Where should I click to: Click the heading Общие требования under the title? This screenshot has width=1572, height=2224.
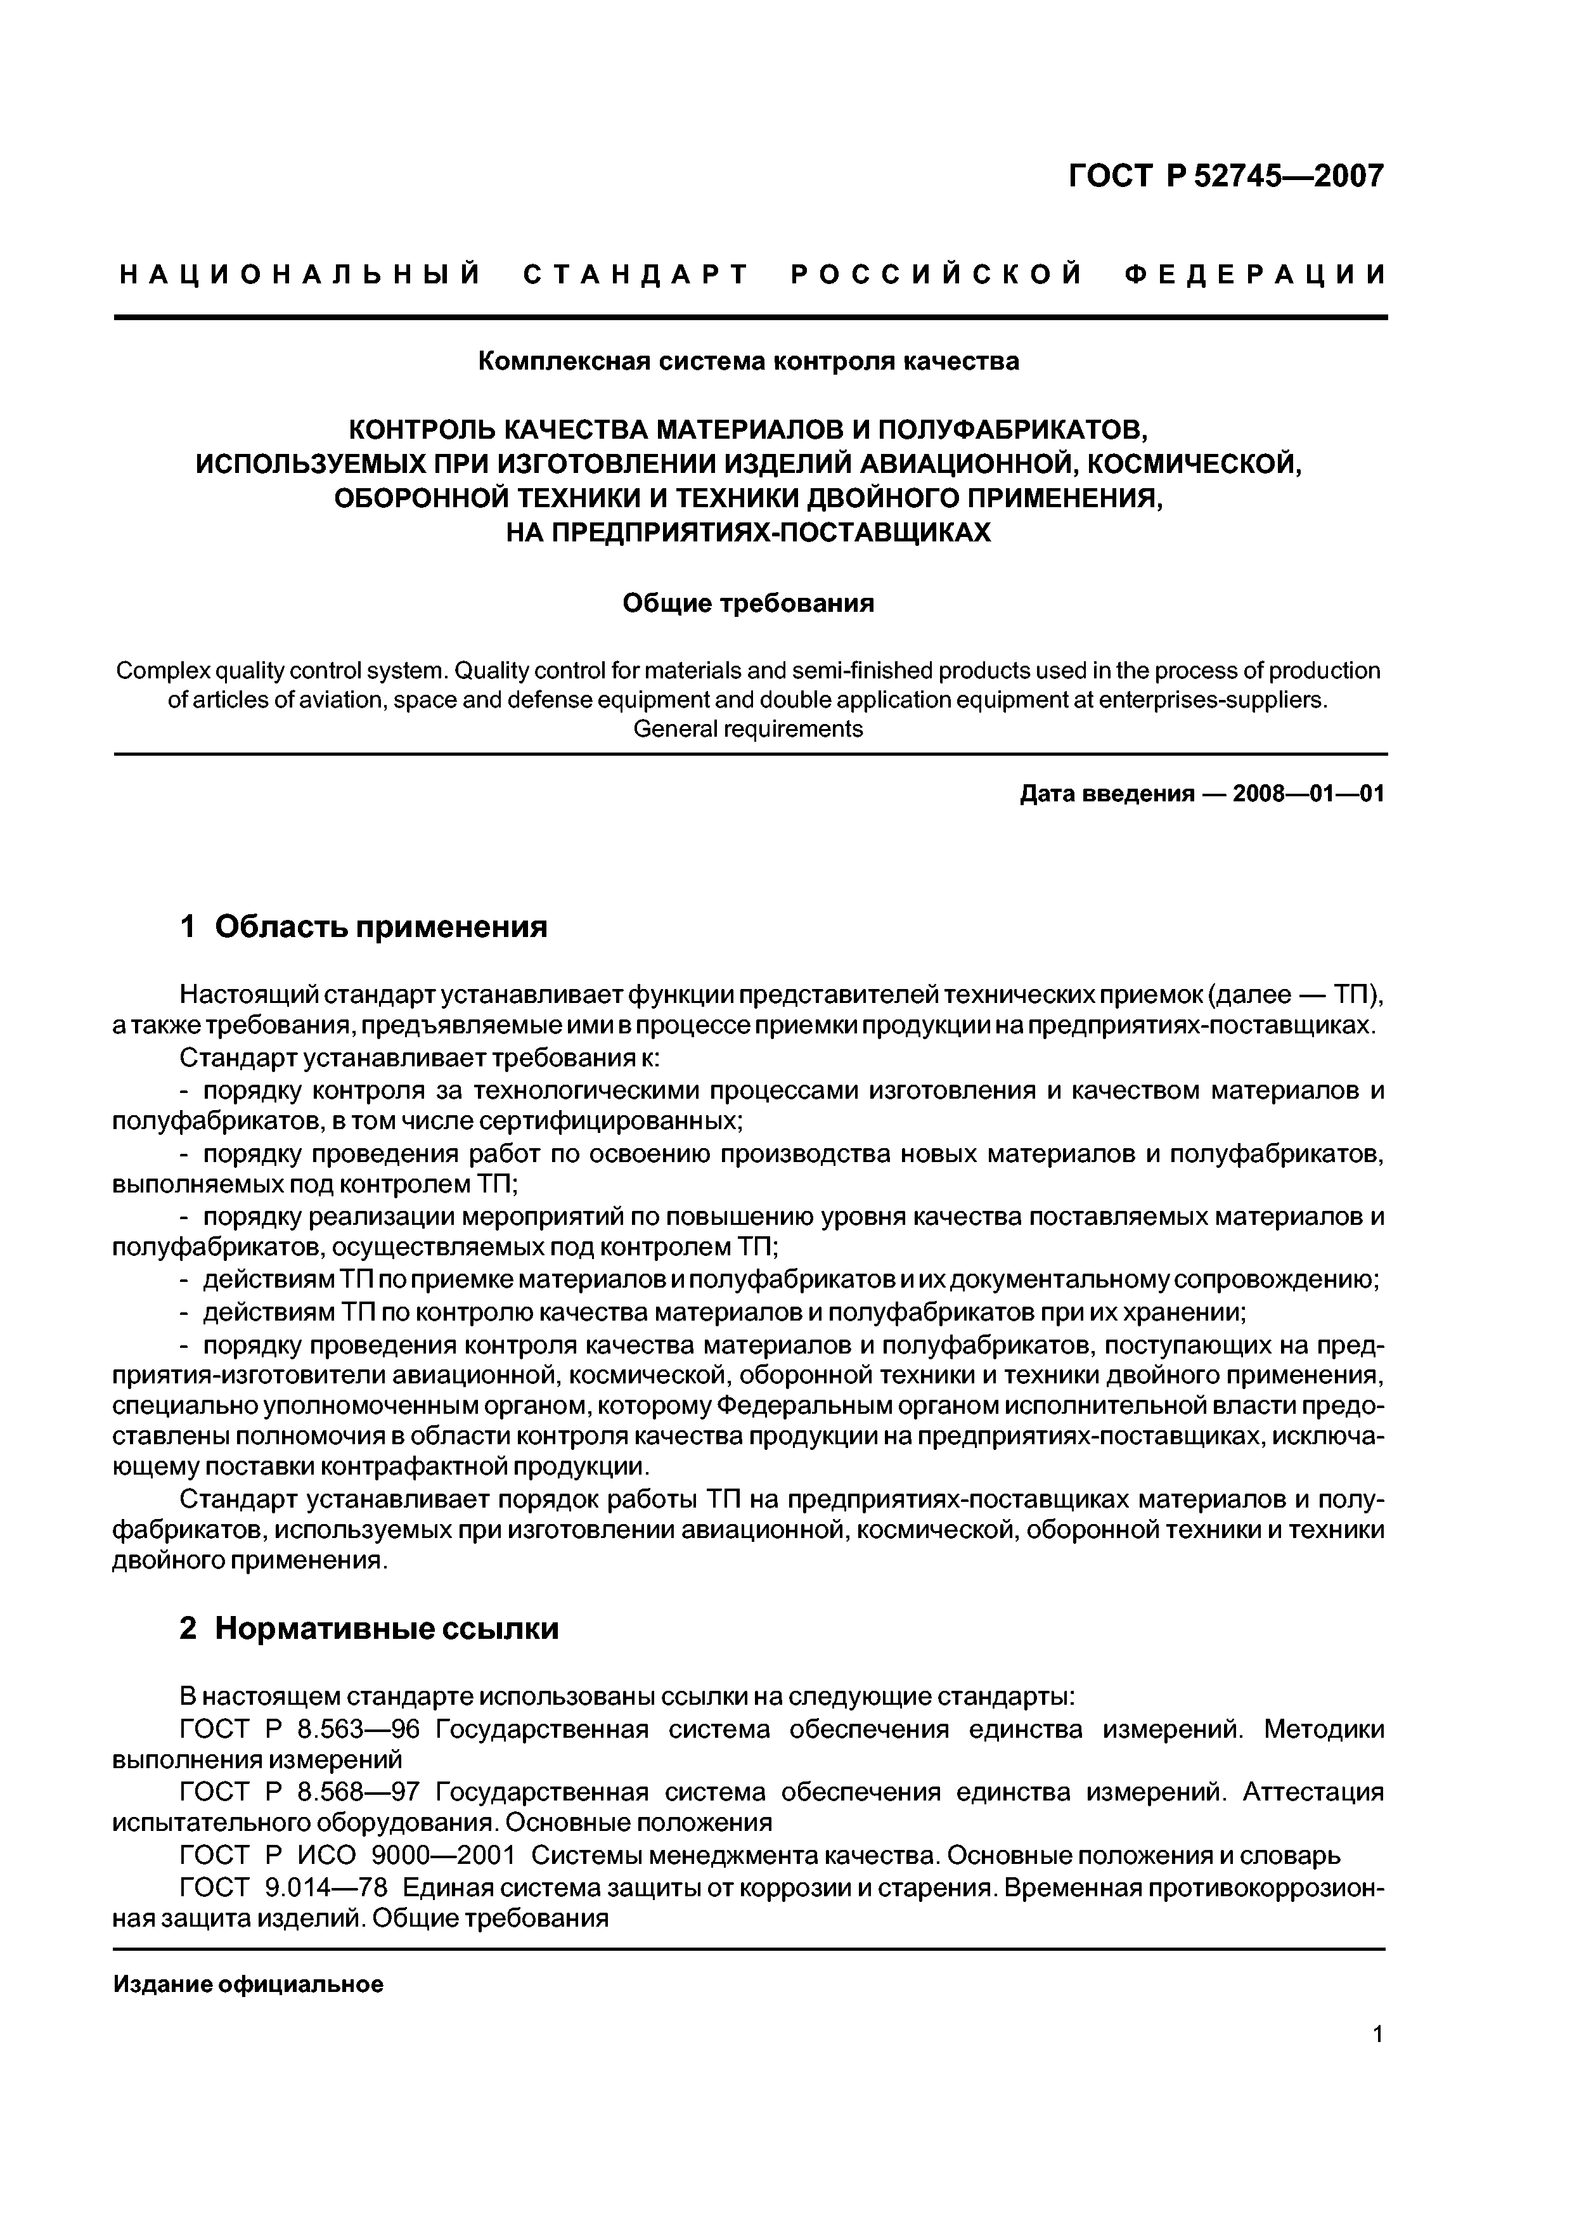pos(748,604)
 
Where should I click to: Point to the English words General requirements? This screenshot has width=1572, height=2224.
pos(748,728)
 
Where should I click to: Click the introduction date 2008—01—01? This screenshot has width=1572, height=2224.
pos(1308,794)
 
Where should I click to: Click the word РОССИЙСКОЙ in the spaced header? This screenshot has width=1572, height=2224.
pos(936,275)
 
